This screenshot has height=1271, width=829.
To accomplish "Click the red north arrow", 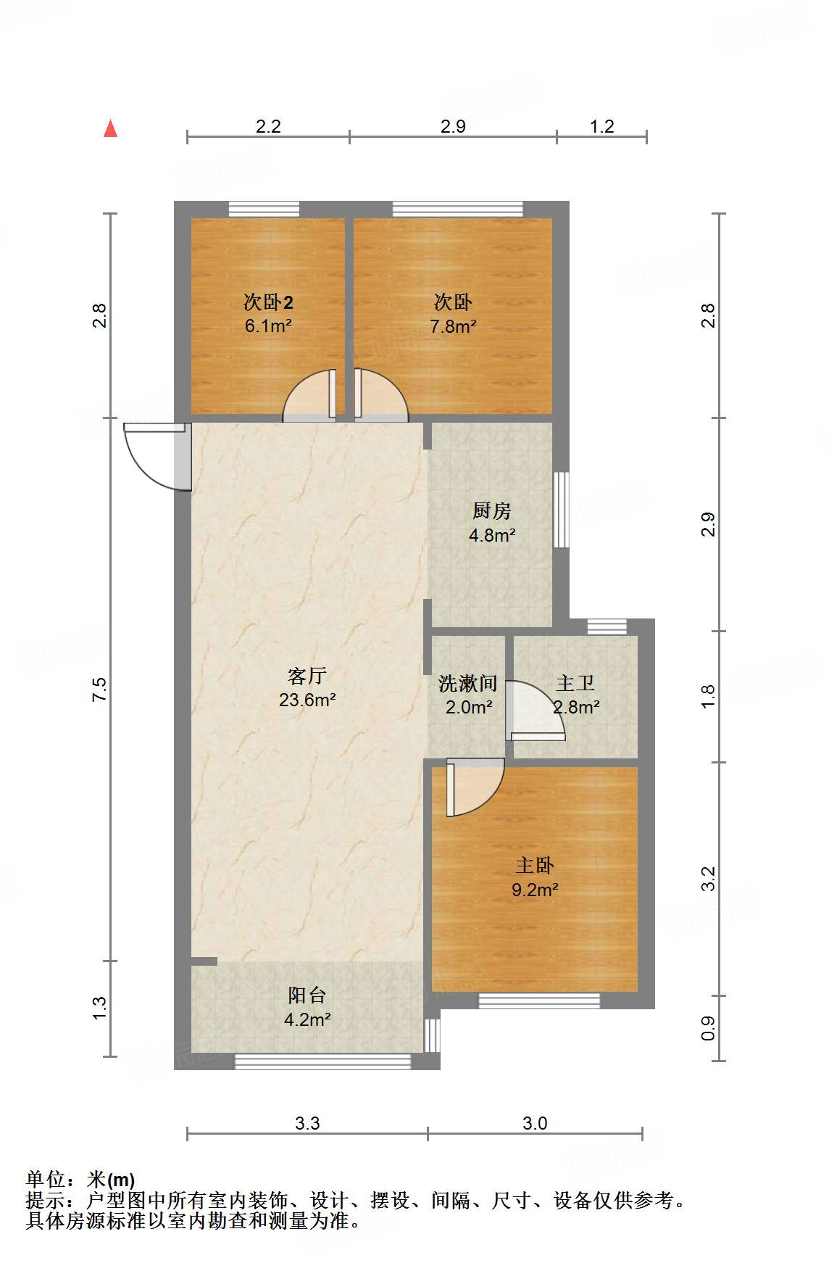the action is [110, 128].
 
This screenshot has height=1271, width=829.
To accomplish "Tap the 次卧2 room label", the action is [268, 302].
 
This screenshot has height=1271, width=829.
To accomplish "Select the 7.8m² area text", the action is [453, 326].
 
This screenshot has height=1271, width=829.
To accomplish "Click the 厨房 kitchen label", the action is [492, 511].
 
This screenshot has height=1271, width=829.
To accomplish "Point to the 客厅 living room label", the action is [307, 676].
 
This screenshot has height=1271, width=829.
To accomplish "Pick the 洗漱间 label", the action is [468, 683].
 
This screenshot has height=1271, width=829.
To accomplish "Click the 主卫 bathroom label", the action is [576, 683].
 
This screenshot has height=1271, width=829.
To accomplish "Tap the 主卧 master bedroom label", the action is [535, 865].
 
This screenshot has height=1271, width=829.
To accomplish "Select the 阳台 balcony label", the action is [307, 995].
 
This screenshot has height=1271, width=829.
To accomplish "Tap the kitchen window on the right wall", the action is [561, 510].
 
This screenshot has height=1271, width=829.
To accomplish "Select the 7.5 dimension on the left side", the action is [99, 689].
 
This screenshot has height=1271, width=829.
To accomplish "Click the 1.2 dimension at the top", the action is [601, 127].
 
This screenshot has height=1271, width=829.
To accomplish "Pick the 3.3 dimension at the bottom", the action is [307, 1123].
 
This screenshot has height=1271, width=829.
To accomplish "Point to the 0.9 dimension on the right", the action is [708, 1028].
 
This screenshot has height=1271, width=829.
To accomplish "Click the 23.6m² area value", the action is [307, 700].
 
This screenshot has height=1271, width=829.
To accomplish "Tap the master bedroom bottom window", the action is [539, 1001].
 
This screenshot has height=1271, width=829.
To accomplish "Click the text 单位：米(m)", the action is [80, 1180].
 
